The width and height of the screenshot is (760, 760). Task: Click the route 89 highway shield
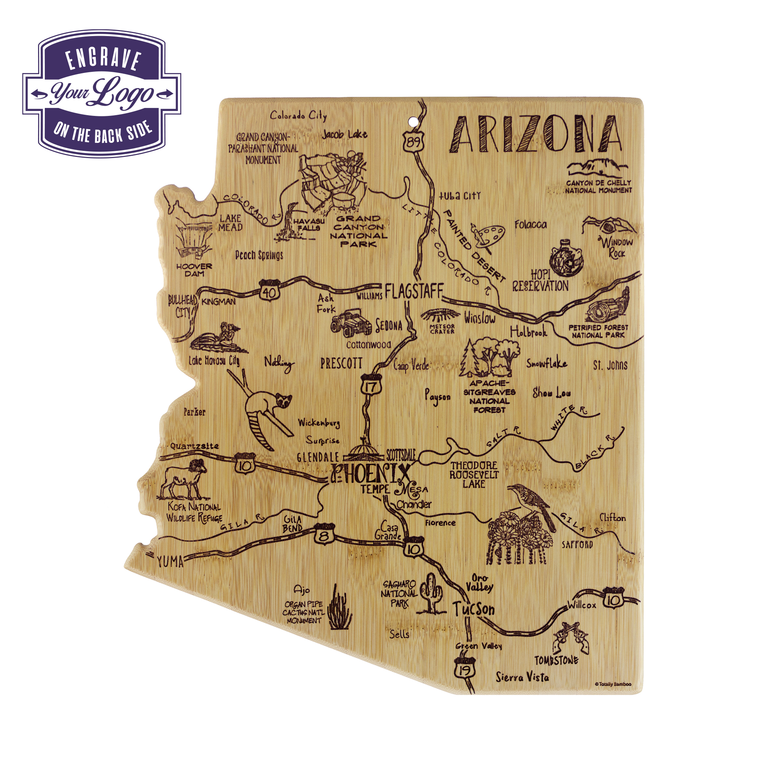point(413,141)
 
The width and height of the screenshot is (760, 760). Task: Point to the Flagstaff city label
point(414,291)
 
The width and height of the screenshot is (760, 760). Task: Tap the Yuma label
point(170,561)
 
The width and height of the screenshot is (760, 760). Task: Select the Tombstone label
point(556,660)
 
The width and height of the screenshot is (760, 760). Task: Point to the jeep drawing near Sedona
point(351,323)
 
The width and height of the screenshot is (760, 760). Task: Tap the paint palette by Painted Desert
point(488,236)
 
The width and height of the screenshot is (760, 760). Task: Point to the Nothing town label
point(279,363)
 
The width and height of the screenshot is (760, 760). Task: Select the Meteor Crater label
point(442,329)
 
